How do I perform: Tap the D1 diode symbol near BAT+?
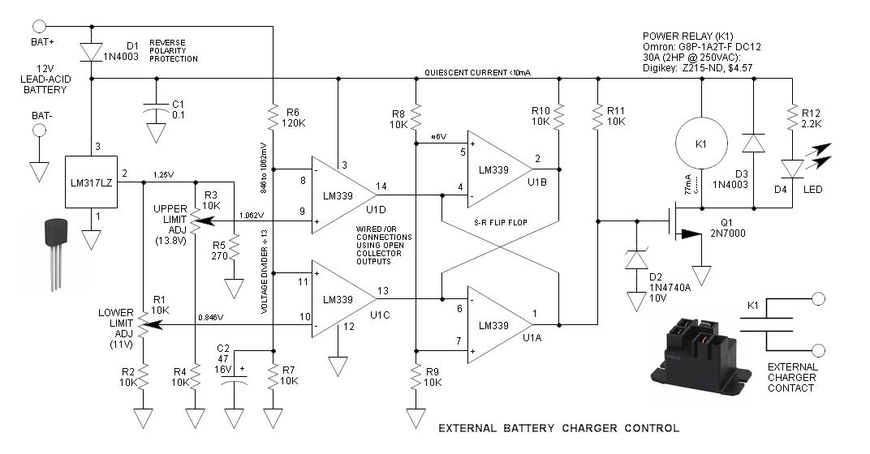click(x=92, y=52)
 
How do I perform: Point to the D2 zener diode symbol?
click(x=635, y=260)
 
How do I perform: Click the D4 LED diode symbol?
click(x=792, y=169)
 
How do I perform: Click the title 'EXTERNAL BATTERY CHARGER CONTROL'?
click(x=558, y=428)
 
